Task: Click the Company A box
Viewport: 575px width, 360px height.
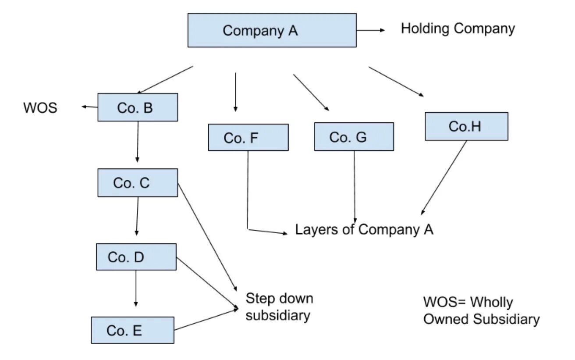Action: [272, 30]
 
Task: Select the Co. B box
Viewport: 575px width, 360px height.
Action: [138, 107]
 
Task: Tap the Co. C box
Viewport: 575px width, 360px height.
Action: [138, 183]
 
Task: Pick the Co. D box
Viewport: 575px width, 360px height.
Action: [136, 257]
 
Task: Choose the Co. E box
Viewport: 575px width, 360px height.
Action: [133, 330]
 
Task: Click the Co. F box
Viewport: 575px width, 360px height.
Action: [248, 137]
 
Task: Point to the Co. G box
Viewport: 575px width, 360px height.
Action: [354, 137]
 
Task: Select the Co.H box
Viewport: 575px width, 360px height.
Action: [466, 126]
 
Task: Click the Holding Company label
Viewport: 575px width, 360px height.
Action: [458, 29]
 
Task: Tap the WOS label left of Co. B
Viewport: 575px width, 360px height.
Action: [40, 108]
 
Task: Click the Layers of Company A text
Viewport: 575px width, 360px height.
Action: [364, 230]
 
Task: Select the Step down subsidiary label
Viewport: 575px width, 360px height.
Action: [279, 307]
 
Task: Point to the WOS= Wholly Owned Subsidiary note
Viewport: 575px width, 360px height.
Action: [481, 310]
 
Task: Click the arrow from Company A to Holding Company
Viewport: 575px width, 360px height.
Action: [370, 30]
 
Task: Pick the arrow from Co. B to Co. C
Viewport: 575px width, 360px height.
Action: [138, 141]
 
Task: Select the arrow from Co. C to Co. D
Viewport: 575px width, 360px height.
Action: [137, 216]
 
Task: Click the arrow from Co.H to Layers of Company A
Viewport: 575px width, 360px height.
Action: [444, 178]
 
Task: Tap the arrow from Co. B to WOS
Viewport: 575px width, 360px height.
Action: [89, 107]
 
